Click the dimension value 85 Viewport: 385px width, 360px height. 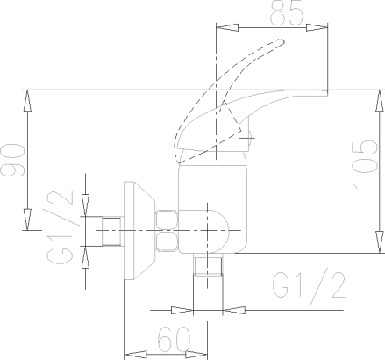pyautogui.click(x=287, y=13)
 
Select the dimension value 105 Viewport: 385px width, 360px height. pyautogui.click(x=364, y=164)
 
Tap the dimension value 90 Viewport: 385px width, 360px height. pyautogui.click(x=13, y=160)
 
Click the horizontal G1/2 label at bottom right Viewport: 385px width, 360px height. pyautogui.click(x=309, y=285)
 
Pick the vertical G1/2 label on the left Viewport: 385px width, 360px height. pyautogui.click(x=60, y=227)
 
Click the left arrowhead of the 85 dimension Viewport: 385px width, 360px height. pyautogui.click(x=227, y=28)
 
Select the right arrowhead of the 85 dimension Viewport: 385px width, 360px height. pyautogui.click(x=317, y=28)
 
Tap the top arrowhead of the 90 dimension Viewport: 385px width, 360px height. pyautogui.click(x=27, y=101)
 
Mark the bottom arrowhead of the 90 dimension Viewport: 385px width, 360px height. pyautogui.click(x=27, y=220)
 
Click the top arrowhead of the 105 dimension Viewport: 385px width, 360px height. pyautogui.click(x=380, y=101)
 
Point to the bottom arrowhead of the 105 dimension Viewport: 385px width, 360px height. pyautogui.click(x=380, y=242)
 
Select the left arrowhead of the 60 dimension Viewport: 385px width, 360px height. pyautogui.click(x=135, y=355)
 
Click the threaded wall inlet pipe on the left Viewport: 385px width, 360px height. pyautogui.click(x=111, y=231)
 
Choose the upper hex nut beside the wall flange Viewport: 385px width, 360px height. pyautogui.click(x=167, y=220)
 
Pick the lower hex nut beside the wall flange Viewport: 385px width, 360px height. pyautogui.click(x=167, y=241)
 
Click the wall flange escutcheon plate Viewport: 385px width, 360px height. pyautogui.click(x=139, y=231)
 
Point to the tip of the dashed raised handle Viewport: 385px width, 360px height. pyautogui.click(x=282, y=41)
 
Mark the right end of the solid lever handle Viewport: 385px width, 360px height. pyautogui.click(x=326, y=93)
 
